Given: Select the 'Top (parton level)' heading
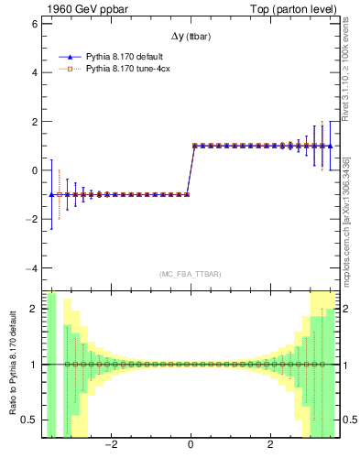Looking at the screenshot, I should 292,9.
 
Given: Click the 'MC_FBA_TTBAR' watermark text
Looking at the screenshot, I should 190,274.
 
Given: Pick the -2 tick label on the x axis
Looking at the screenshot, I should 110,447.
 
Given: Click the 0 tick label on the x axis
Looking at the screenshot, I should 191,447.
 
